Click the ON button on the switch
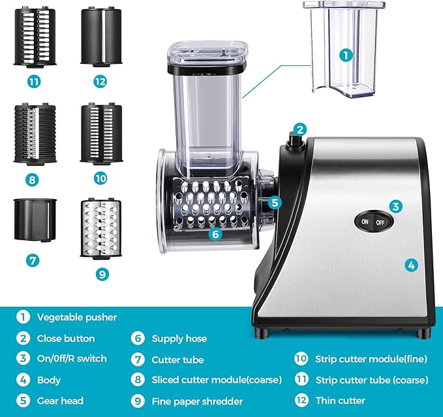[x=364, y=222]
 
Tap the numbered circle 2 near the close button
[x=299, y=129]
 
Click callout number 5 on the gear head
[x=275, y=202]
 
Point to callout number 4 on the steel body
[x=411, y=265]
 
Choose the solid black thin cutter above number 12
[x=101, y=37]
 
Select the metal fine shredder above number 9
[x=101, y=228]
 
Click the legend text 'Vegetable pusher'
[x=77, y=317]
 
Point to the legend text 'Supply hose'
[x=179, y=338]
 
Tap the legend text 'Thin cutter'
[x=340, y=400]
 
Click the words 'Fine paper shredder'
[x=198, y=401]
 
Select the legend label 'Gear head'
[x=60, y=400]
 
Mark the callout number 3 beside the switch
[x=395, y=206]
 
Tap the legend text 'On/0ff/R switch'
[x=72, y=358]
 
